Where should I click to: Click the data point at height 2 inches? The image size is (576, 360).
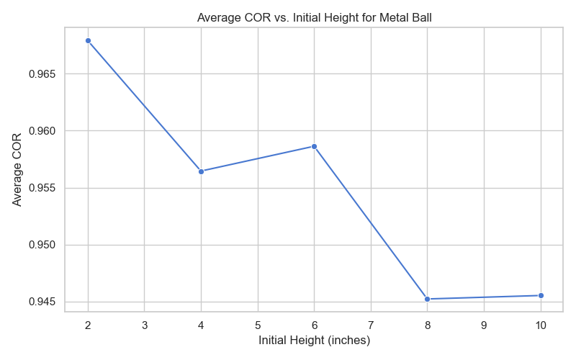click(88, 40)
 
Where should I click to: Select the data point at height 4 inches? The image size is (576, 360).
click(201, 171)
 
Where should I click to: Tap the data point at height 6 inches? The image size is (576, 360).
click(314, 146)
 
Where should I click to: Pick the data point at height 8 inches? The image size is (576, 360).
click(428, 299)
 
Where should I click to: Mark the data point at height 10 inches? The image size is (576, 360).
click(541, 295)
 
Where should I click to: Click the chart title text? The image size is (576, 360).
click(314, 18)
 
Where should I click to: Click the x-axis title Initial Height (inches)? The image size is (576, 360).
click(314, 341)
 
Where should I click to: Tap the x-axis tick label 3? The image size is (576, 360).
click(145, 325)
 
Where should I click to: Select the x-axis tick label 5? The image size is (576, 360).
click(258, 325)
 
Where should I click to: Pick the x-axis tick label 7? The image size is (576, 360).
click(371, 325)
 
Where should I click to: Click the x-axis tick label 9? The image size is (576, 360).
click(484, 325)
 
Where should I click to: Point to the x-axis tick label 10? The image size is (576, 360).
click(541, 325)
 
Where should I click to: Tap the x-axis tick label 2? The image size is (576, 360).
click(88, 325)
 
